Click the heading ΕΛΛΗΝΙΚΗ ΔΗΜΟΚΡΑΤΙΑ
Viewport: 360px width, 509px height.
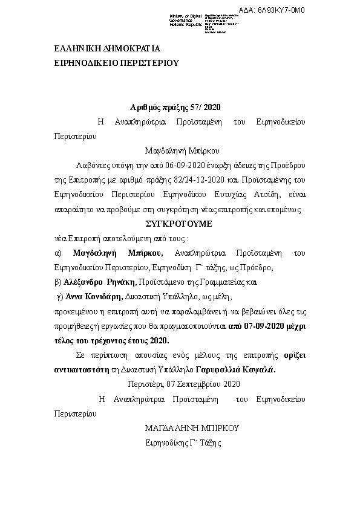click(x=108, y=50)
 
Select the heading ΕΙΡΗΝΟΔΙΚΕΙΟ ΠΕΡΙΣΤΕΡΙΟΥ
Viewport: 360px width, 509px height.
click(x=117, y=62)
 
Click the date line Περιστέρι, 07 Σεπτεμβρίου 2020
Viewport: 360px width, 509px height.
click(x=184, y=384)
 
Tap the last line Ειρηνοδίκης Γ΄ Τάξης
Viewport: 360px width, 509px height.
click(x=184, y=443)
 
